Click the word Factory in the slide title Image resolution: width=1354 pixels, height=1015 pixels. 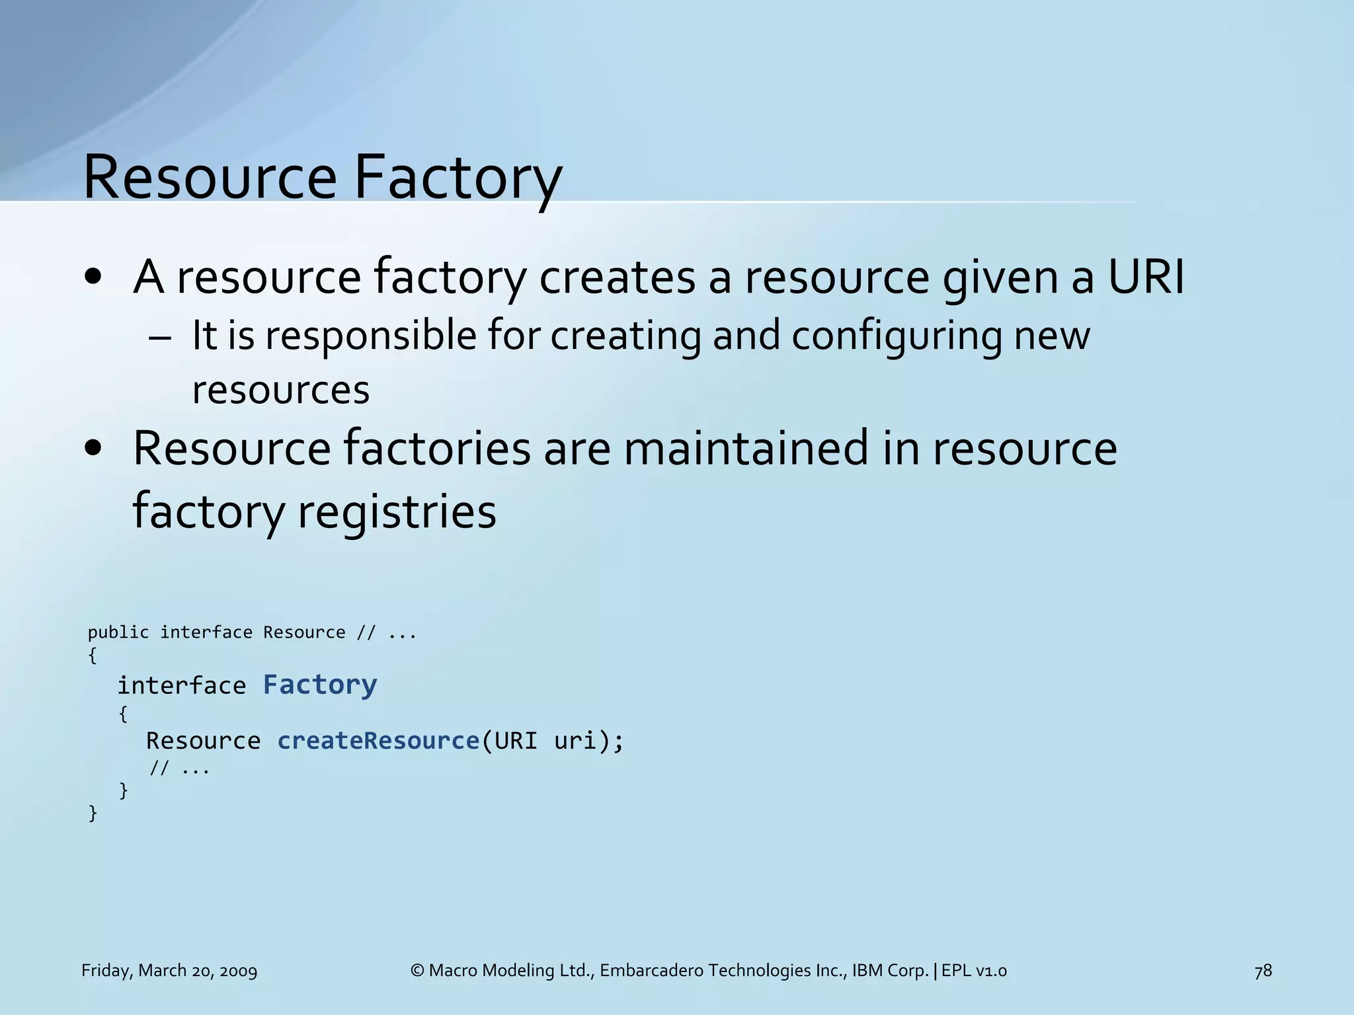point(458,177)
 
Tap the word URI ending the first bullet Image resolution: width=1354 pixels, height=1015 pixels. point(1146,276)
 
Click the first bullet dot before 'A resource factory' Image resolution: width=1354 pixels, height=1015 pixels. point(93,278)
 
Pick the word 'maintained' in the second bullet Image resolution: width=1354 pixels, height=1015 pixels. point(746,448)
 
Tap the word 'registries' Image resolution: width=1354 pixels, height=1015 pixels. point(397,511)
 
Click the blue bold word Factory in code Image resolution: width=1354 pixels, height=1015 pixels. point(320,685)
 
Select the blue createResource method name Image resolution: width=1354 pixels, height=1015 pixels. point(378,740)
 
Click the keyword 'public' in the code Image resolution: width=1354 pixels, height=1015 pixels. point(118,632)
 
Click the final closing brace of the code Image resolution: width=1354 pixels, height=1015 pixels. point(93,813)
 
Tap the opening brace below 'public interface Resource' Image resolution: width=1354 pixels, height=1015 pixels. point(93,656)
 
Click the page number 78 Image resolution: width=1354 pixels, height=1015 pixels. point(1263,971)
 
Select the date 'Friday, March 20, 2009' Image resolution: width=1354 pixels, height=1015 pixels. point(169,971)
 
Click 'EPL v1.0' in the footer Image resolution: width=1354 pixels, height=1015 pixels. point(974,971)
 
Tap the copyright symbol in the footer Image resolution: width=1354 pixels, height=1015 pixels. point(417,971)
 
